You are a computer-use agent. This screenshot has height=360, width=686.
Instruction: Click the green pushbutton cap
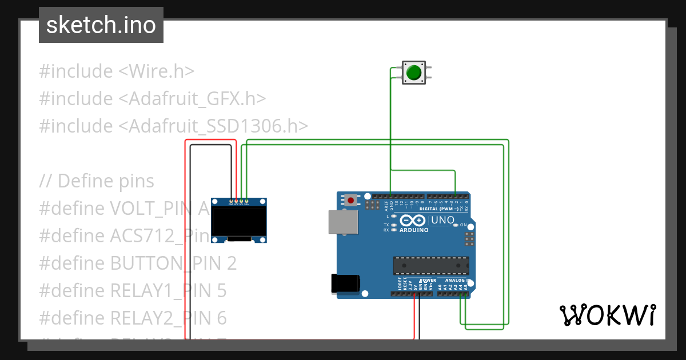(x=413, y=73)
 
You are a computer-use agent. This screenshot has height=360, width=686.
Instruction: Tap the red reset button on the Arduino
(x=350, y=200)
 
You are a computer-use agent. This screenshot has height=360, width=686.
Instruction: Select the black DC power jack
(x=345, y=284)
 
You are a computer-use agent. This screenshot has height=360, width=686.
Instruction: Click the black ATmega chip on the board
(x=430, y=266)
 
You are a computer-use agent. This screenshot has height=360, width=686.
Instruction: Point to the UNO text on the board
(x=442, y=220)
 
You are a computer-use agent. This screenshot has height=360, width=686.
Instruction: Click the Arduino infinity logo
(x=413, y=221)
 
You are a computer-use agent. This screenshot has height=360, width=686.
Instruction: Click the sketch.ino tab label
(x=101, y=25)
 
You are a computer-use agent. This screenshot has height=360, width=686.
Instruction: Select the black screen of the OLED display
(x=239, y=222)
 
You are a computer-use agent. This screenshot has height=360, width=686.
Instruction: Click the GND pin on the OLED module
(x=231, y=201)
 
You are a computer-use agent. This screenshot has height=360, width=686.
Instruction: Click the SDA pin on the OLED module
(x=246, y=201)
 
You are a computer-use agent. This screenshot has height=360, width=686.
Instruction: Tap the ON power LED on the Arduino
(x=456, y=225)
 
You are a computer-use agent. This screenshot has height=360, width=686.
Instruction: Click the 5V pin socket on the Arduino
(x=415, y=294)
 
